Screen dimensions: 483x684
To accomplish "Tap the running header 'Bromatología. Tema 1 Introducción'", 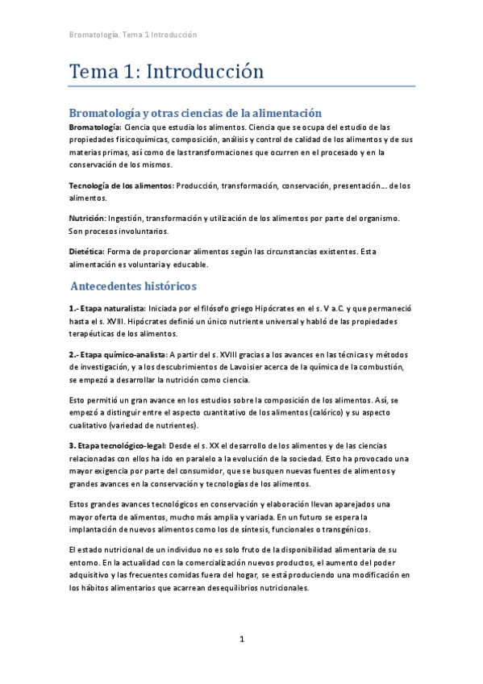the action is (133, 35).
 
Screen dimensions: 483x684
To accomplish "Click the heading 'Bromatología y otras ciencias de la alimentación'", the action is (196, 114).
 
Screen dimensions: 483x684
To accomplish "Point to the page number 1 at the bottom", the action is (241, 640).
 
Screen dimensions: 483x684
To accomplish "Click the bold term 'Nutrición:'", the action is (88, 219).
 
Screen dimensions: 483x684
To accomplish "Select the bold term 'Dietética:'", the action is (86, 252).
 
